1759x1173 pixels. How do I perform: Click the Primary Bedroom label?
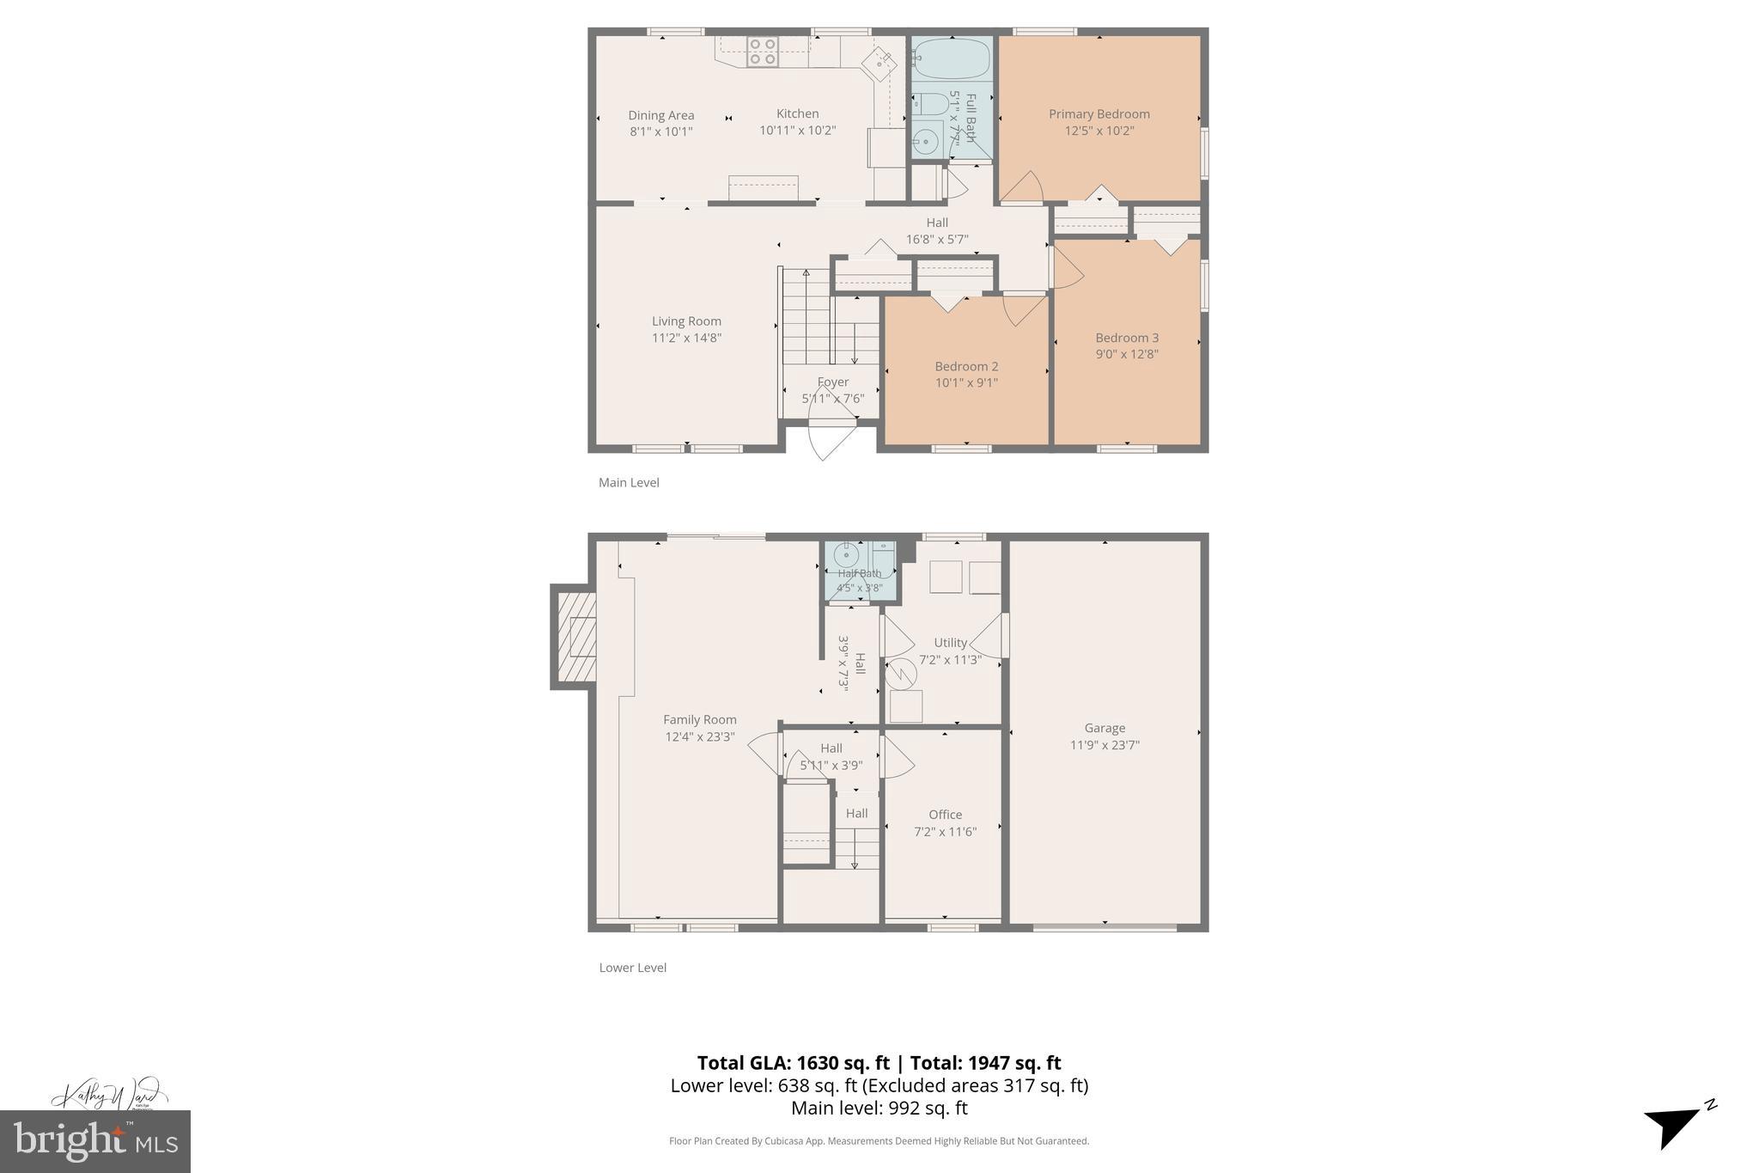tap(1099, 114)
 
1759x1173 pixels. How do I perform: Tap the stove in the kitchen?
tap(762, 52)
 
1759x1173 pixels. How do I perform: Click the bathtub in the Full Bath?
tap(951, 58)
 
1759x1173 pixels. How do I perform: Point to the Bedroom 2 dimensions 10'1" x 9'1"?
tap(966, 383)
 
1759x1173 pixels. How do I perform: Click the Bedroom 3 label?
tap(1127, 338)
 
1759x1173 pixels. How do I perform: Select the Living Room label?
tap(686, 321)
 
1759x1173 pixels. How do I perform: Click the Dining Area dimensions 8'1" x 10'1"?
tap(660, 131)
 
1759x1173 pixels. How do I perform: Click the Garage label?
tap(1105, 728)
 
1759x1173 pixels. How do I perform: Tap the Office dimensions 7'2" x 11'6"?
tap(945, 832)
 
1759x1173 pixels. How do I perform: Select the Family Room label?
tap(699, 720)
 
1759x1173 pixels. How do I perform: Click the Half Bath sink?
tap(846, 556)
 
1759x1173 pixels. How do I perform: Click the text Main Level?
tap(629, 483)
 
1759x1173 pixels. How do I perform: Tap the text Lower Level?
tap(632, 968)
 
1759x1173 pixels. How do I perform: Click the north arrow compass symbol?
tap(1675, 1124)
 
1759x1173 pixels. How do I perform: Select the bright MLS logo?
tap(95, 1140)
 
